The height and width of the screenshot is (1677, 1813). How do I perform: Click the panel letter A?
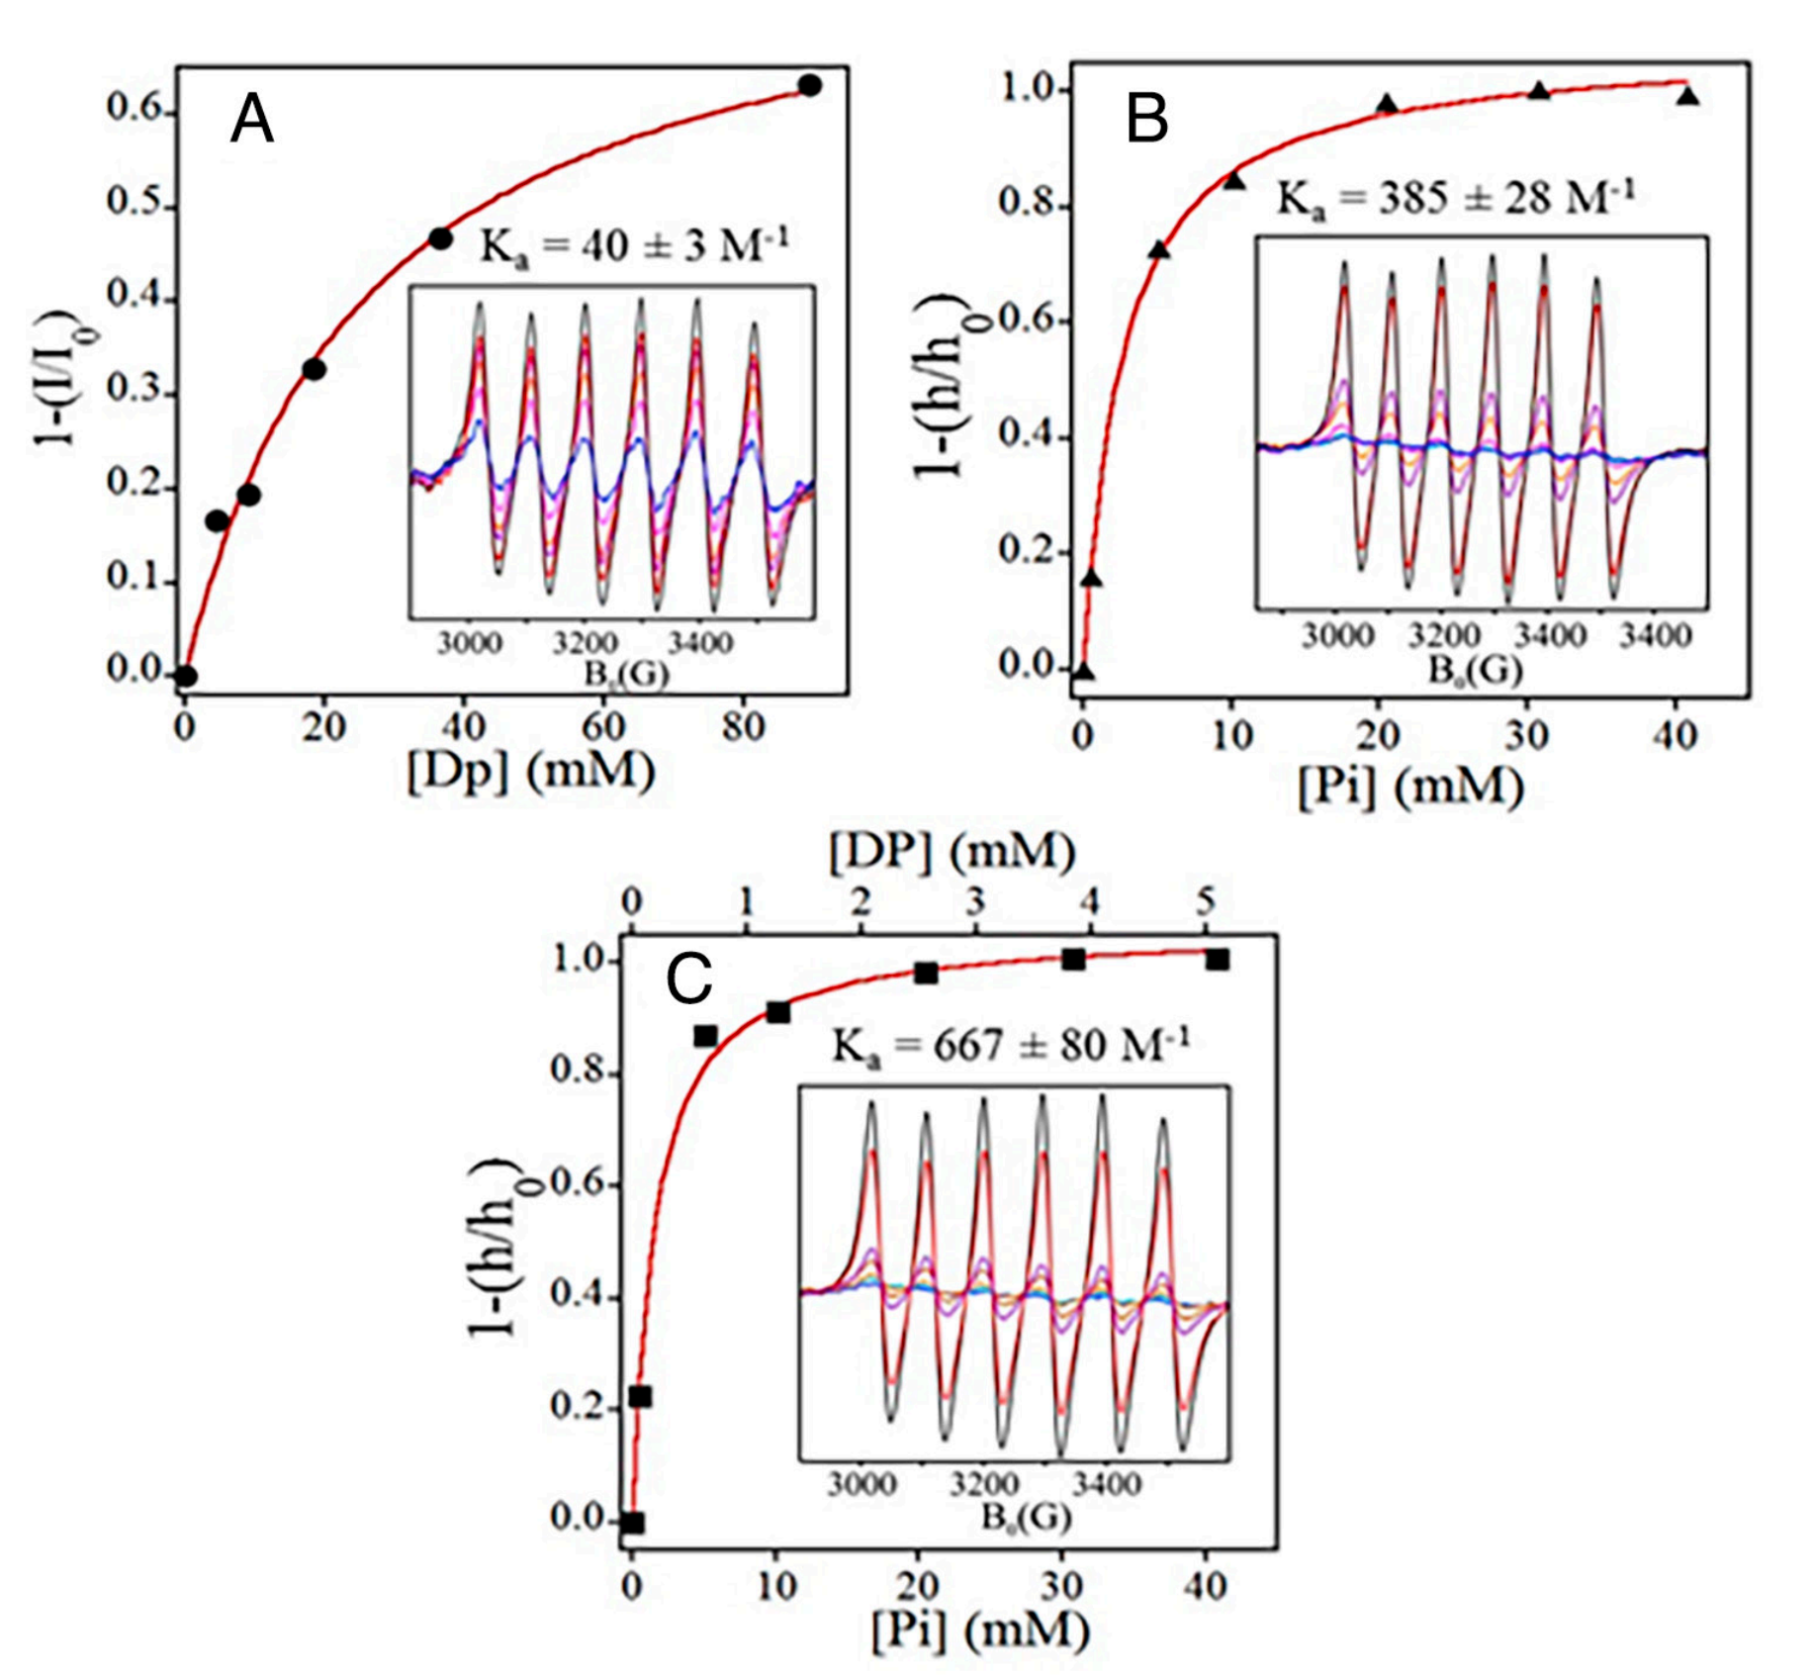point(251,122)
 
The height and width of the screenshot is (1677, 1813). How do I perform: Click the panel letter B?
point(1147,122)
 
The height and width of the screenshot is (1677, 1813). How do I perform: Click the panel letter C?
point(688,979)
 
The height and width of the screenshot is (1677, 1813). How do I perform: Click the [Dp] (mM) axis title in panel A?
point(531,771)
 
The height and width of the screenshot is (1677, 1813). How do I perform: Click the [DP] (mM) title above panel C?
point(952,851)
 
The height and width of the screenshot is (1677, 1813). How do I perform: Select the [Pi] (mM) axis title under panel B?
point(1410,787)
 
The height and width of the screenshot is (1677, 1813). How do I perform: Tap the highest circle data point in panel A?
point(810,85)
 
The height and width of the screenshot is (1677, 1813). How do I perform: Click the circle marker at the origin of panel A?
point(186,677)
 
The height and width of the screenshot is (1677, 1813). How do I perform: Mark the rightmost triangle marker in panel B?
point(1688,96)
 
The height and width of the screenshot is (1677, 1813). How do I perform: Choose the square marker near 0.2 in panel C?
point(640,1397)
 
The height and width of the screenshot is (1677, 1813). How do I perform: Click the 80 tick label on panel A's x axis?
point(743,727)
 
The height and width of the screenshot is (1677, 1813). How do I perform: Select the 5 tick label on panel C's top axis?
point(1205,900)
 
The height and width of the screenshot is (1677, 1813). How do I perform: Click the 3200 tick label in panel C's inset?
point(984,1485)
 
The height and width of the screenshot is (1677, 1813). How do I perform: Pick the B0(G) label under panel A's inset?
point(626,674)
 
